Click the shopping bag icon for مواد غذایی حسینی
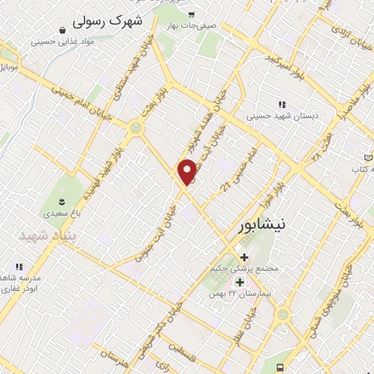click(x=64, y=29)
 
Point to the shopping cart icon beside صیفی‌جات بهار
click(x=191, y=14)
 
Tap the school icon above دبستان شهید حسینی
click(x=280, y=103)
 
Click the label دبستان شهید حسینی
click(x=275, y=115)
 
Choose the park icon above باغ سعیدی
click(x=62, y=202)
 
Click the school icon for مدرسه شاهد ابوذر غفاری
click(x=20, y=268)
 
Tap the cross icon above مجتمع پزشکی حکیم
click(x=245, y=257)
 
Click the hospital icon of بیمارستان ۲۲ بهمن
click(x=239, y=282)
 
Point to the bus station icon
click(x=363, y=364)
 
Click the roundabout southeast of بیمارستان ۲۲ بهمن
click(x=282, y=315)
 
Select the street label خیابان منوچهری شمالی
click(x=357, y=292)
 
